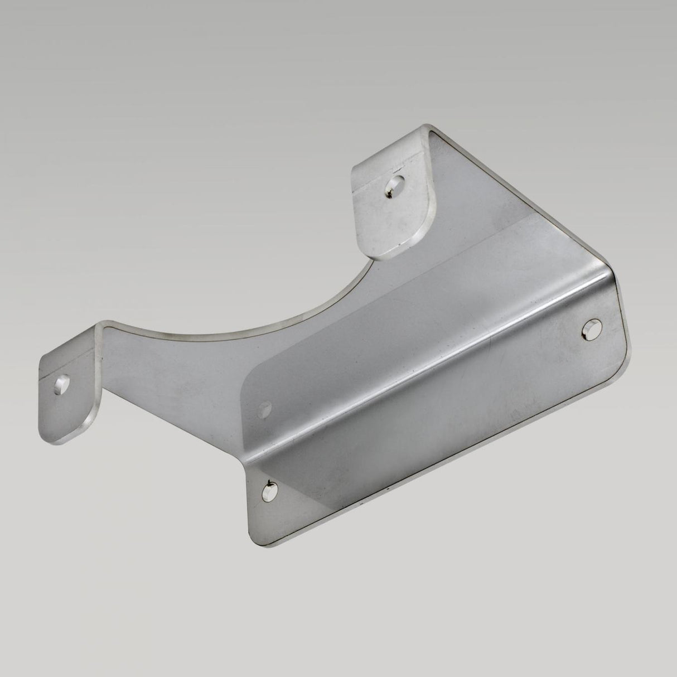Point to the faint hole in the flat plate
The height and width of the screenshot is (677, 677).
(x=264, y=409)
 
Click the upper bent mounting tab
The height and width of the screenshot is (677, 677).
(x=390, y=212)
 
